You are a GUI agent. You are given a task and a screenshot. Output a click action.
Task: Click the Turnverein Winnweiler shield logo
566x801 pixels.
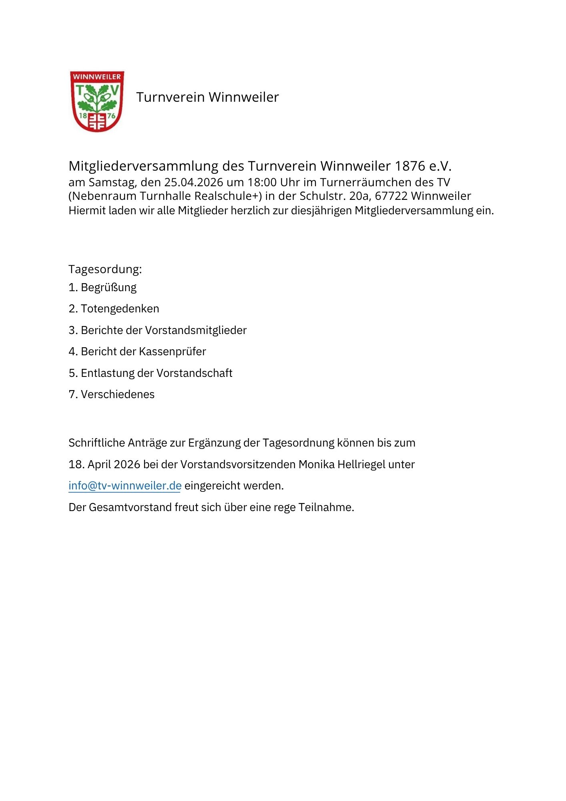pos(97,101)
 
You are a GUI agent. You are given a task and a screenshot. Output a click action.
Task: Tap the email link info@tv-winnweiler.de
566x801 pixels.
pos(125,486)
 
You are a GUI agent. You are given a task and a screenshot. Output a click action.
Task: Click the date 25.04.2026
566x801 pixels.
pos(193,183)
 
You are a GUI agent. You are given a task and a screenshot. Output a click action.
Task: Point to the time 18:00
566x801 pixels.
pos(262,183)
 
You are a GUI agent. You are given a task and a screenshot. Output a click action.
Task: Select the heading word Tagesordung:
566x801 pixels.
pos(105,269)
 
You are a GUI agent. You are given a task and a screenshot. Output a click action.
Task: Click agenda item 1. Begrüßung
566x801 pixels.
pos(102,288)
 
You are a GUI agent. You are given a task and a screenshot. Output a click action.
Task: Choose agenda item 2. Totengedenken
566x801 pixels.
pos(114,309)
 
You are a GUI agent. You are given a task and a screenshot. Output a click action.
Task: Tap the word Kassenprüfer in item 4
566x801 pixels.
pos(172,352)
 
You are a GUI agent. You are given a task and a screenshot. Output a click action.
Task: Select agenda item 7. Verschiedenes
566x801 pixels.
pos(112,394)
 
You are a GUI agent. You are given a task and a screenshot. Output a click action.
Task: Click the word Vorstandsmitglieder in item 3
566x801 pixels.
pos(196,330)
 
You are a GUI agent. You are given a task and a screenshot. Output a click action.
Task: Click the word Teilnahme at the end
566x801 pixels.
pos(326,507)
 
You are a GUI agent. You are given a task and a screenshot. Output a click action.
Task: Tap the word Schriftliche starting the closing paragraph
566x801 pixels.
pos(96,443)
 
